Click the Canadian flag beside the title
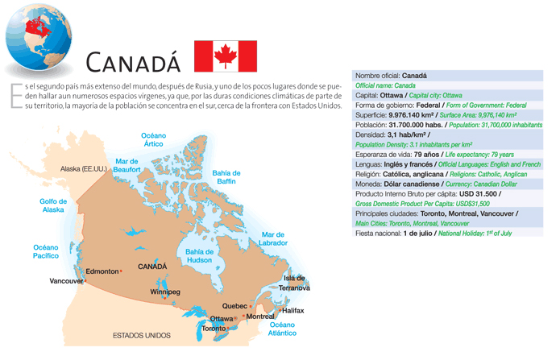click(x=226, y=56)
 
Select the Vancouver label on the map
click(x=66, y=281)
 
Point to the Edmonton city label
click(x=102, y=271)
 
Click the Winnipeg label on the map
click(x=165, y=291)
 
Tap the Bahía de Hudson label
click(x=198, y=256)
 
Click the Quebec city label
click(x=234, y=306)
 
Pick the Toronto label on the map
click(x=214, y=329)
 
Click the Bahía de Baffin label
click(x=226, y=177)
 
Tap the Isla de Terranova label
click(x=294, y=283)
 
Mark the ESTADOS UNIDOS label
click(x=141, y=335)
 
